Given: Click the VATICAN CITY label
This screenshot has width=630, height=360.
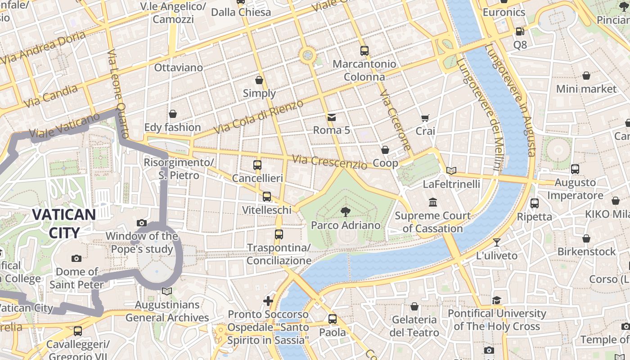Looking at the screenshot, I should (64, 224).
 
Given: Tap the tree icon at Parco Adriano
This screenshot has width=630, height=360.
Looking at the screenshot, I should (346, 211).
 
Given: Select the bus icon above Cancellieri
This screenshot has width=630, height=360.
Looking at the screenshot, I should (257, 165).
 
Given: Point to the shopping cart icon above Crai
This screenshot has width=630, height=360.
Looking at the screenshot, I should (425, 118).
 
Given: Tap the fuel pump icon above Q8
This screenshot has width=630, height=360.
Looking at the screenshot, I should (520, 31).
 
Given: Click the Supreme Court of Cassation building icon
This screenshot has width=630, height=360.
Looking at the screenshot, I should (433, 202).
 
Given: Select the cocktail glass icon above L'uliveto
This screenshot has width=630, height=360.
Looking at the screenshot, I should (497, 243).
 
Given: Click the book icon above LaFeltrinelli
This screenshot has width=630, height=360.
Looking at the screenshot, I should (451, 171).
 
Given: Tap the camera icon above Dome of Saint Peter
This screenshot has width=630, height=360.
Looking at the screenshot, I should (76, 258).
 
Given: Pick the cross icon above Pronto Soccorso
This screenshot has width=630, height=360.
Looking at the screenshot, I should (268, 301).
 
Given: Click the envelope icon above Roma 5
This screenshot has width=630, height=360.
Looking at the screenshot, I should (332, 117).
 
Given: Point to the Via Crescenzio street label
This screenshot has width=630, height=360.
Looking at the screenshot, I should (329, 162).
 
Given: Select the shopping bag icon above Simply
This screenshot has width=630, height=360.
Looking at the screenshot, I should (259, 80).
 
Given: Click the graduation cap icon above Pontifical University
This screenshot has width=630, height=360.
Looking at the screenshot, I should (497, 300).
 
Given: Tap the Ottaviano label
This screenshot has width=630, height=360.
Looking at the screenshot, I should (179, 67).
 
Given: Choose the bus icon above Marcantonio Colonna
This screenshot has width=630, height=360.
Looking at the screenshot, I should (364, 51).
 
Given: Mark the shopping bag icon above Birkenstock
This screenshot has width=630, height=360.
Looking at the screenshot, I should (586, 238).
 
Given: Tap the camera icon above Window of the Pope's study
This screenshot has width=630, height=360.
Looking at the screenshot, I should (142, 223).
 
